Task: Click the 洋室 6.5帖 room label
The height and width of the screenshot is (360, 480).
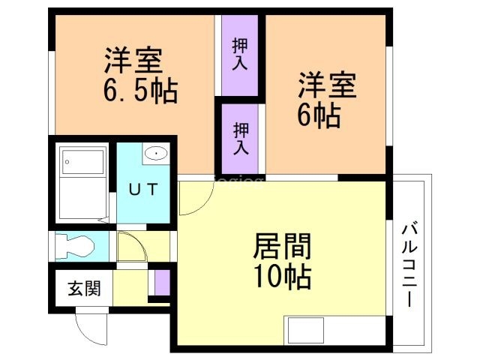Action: [141, 75]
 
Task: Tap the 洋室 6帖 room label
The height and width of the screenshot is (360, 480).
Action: [327, 100]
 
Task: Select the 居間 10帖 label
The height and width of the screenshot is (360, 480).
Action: [282, 261]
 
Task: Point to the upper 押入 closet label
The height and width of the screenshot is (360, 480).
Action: [240, 55]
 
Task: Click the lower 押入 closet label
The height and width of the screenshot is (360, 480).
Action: [241, 139]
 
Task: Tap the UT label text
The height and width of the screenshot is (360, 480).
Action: [143, 189]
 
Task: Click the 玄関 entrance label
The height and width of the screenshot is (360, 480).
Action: [84, 288]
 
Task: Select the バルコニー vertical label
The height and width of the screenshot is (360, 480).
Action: [409, 265]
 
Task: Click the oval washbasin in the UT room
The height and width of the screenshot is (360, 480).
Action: [156, 153]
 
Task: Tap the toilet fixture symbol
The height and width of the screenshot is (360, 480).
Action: [74, 246]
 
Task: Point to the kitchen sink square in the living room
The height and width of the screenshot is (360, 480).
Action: [306, 330]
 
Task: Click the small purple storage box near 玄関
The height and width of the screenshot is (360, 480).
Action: [162, 283]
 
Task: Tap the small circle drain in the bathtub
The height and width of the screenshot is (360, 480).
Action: [67, 162]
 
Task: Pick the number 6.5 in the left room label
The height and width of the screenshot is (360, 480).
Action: [124, 90]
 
